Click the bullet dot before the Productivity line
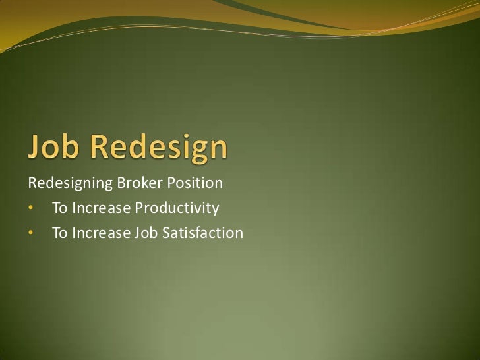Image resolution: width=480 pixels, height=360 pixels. click(x=30, y=209)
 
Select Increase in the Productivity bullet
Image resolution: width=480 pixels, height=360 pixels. click(x=100, y=208)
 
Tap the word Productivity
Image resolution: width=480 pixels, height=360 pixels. click(x=177, y=209)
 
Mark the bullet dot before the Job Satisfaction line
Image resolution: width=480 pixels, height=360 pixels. click(x=30, y=233)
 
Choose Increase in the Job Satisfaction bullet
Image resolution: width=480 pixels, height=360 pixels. click(x=100, y=233)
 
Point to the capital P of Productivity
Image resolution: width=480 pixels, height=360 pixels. click(x=139, y=208)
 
